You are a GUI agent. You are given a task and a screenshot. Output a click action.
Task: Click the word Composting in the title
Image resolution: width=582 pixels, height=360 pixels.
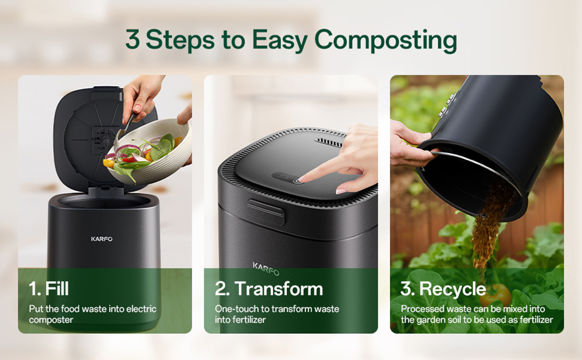tap(385, 41)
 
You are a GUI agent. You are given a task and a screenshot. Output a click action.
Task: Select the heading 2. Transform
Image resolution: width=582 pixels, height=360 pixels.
tap(269, 288)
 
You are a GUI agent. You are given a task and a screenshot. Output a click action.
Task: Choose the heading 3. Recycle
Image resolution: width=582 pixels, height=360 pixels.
tap(443, 288)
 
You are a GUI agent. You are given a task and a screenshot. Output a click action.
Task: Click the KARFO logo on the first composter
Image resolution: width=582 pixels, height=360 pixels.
tap(102, 238)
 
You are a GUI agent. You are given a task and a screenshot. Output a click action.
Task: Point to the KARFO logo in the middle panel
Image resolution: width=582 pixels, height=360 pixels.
tap(266, 269)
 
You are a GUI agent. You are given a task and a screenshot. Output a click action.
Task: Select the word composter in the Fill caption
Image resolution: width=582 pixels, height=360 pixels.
tap(51, 320)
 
